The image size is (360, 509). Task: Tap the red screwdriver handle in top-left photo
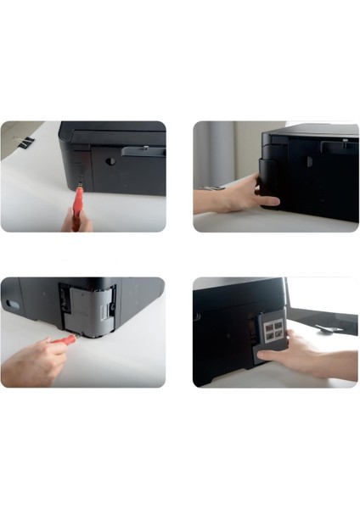pyautogui.click(x=78, y=200)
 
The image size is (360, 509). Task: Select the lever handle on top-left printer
pyautogui.click(x=141, y=151)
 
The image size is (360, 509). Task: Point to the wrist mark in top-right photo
pyautogui.click(x=211, y=187)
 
